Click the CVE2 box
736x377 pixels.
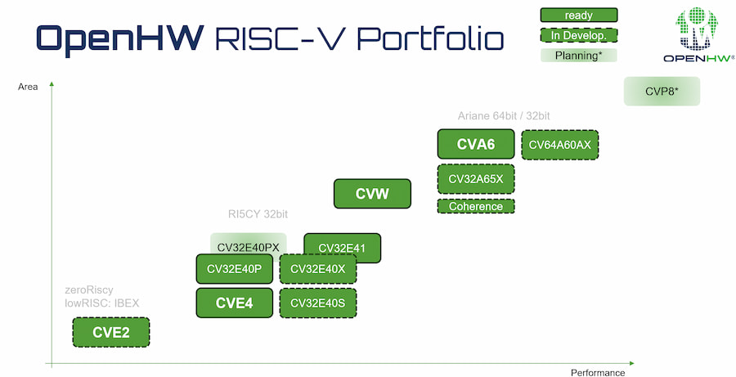111,333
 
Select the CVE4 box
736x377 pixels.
234,303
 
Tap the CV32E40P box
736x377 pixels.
234,268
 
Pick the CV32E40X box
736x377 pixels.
318,268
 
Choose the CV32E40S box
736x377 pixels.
318,303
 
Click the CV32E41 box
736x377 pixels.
342,247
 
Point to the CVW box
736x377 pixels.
372,194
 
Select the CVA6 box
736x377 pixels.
476,145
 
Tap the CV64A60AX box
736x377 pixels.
560,145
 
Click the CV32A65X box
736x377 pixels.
476,178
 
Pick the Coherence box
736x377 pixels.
476,206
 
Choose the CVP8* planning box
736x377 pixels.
662,92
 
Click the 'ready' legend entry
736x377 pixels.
579,15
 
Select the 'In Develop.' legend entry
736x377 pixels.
579,35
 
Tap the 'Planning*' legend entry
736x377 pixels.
579,56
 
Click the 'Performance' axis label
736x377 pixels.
598,372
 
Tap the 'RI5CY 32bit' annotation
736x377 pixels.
258,215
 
